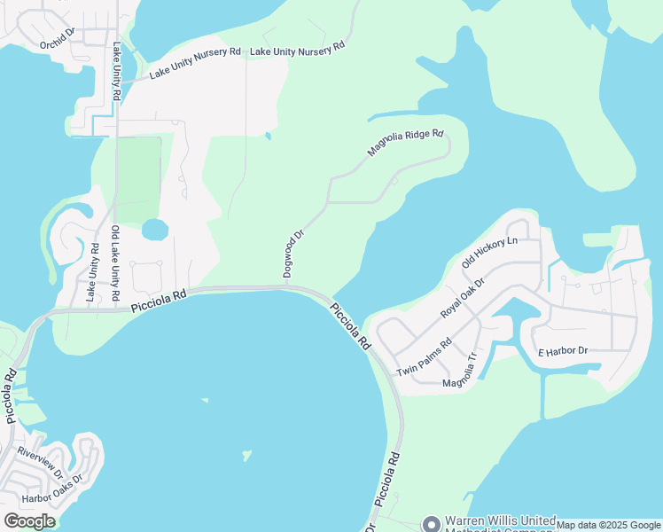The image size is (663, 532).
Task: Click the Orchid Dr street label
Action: pyautogui.click(x=58, y=43)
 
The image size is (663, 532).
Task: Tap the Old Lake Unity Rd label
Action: pyautogui.click(x=115, y=262)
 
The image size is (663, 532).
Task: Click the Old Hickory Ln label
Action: pyautogui.click(x=489, y=252)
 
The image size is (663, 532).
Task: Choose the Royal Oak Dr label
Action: pyautogui.click(x=463, y=299)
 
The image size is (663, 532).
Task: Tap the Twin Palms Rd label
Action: pyautogui.click(x=425, y=356)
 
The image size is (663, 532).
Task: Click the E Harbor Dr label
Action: pyautogui.click(x=563, y=352)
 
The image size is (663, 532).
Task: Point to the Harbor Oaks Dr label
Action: pyautogui.click(x=52, y=489)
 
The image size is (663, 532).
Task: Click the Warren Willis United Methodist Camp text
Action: pyautogui.click(x=500, y=524)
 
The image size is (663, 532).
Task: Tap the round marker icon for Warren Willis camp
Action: pyautogui.click(x=432, y=524)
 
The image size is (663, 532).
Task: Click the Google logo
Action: pyautogui.click(x=29, y=520)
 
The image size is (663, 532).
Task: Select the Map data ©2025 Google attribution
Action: pyautogui.click(x=608, y=525)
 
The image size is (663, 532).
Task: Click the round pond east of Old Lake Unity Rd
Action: pyautogui.click(x=154, y=231)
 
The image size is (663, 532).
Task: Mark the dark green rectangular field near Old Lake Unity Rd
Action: pyautogui.click(x=138, y=177)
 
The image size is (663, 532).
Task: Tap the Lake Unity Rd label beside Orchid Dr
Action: pyautogui.click(x=116, y=71)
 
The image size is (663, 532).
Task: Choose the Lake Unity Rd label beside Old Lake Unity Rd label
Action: pyautogui.click(x=91, y=273)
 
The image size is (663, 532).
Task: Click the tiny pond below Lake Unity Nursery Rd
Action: pyautogui.click(x=267, y=136)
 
